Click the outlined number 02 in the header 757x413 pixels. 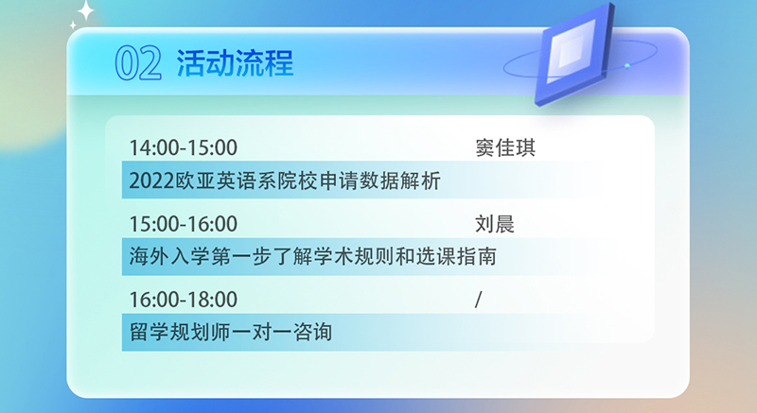coord(138,62)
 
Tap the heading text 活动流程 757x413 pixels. coord(235,62)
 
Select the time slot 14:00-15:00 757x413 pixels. coord(184,147)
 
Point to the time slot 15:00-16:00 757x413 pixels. coord(184,224)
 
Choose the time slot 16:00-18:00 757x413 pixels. coord(184,300)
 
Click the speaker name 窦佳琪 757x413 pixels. coord(505,147)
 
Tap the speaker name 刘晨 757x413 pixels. coord(495,224)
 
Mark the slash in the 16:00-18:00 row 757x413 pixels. coord(479,300)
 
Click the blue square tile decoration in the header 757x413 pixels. coord(574,53)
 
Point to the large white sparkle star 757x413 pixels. coord(85,10)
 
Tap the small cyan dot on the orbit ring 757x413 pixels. coord(627,65)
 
